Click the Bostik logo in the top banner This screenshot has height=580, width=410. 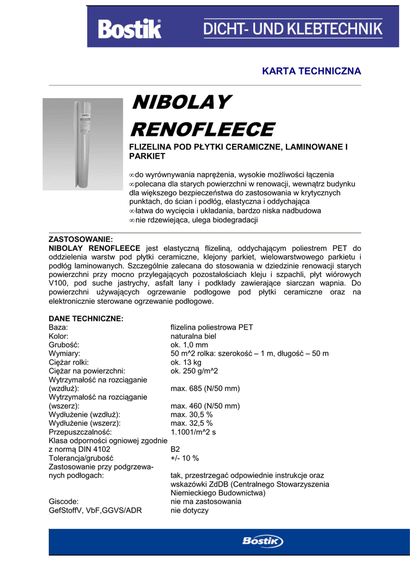point(130,29)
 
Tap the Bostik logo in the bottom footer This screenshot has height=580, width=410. point(263,541)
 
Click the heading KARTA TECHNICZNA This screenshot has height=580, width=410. point(311,71)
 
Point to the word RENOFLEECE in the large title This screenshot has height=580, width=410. point(202,129)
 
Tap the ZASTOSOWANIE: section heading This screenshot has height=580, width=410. point(81,239)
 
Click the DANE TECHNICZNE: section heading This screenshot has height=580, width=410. point(86,319)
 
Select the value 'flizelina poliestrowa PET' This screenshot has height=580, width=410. point(212,327)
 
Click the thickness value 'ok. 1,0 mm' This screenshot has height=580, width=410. point(189,345)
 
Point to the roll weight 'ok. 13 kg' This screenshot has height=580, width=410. point(186,362)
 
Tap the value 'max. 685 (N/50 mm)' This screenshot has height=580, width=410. point(205,389)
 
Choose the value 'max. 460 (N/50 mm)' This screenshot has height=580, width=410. point(205,406)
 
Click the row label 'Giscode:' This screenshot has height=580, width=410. point(64,501)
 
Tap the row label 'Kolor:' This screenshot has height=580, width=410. point(59,336)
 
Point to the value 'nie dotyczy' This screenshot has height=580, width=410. point(189,510)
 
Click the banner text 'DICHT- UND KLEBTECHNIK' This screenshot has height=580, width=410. point(293,28)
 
